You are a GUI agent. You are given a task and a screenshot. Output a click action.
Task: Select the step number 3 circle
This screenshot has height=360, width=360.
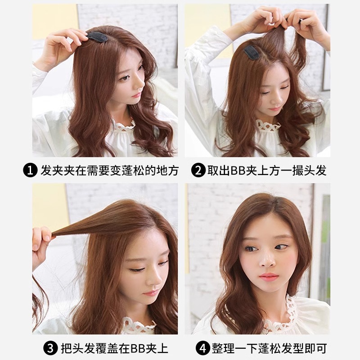coord(50,348)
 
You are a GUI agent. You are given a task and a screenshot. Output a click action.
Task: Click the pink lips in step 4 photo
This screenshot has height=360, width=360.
coord(269,276)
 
